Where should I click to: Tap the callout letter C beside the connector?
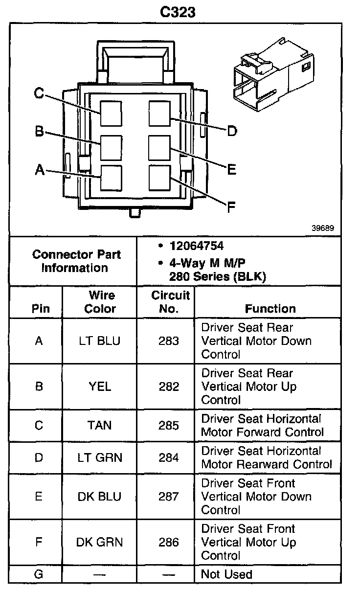pos(39,93)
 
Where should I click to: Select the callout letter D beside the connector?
pos(231,131)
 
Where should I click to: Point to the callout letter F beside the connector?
pos(231,207)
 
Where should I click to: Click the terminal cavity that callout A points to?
pos(111,177)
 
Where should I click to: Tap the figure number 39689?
pos(323,228)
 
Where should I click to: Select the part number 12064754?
pos(197,246)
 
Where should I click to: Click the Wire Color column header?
pos(100,302)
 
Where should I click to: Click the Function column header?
pos(270,309)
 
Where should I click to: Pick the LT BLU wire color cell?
pos(99,341)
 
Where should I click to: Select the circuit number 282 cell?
pos(169,387)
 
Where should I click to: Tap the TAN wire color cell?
pos(99,425)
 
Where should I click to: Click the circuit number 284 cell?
pos(169,457)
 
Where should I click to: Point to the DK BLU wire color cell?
pos(99,497)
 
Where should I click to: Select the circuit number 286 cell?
pos(169,542)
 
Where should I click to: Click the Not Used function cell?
pos(227,574)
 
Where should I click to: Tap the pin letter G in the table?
pos(39,574)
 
